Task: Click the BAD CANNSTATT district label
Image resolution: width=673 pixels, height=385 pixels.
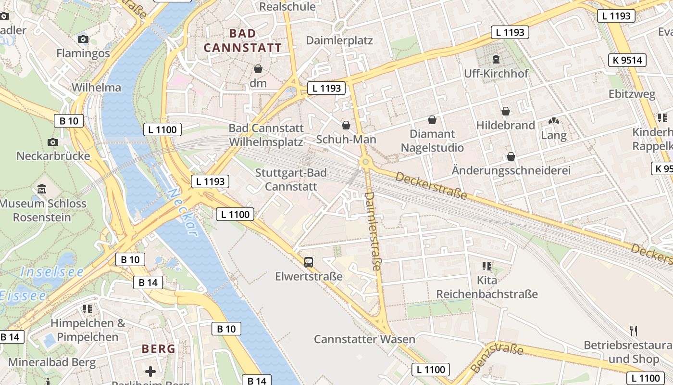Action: coord(242,40)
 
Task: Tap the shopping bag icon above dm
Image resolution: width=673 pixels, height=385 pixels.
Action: coord(258,69)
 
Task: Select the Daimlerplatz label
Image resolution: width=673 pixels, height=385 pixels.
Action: coord(339,40)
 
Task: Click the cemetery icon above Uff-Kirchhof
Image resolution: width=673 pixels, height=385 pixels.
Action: coord(496,59)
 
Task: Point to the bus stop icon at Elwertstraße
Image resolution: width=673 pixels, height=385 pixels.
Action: coord(309,262)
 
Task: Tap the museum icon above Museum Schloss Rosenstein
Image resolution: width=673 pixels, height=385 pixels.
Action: coord(42,189)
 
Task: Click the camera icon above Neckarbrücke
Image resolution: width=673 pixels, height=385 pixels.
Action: coord(53,142)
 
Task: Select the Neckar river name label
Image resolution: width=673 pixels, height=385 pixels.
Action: coord(183,212)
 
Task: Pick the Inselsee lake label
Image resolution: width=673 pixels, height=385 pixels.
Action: coord(52,272)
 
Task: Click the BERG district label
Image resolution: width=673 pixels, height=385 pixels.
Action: coord(158,349)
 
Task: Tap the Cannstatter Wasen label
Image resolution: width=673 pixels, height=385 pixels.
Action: coord(364,339)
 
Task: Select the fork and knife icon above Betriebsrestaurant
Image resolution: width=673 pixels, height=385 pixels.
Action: coord(634,331)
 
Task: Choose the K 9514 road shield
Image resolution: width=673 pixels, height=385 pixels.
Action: coord(627,60)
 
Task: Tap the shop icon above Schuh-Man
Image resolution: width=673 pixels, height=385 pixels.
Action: coord(346,125)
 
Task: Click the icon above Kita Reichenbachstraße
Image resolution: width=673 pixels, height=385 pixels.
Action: coord(486,266)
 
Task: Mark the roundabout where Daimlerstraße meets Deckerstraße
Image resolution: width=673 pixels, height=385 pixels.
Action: coord(365,162)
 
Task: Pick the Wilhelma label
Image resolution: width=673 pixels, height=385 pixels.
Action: coord(96,88)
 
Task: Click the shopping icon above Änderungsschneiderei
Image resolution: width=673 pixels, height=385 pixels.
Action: coord(511,156)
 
